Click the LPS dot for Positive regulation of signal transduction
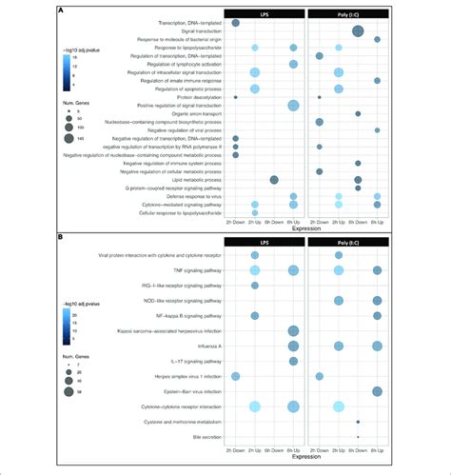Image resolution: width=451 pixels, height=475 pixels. tap(293, 105)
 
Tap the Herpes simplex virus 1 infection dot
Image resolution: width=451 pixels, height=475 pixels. tap(235, 377)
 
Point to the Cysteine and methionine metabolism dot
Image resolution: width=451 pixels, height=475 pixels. tap(358, 421)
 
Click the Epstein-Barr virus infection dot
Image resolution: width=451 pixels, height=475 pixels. tap(378, 391)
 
